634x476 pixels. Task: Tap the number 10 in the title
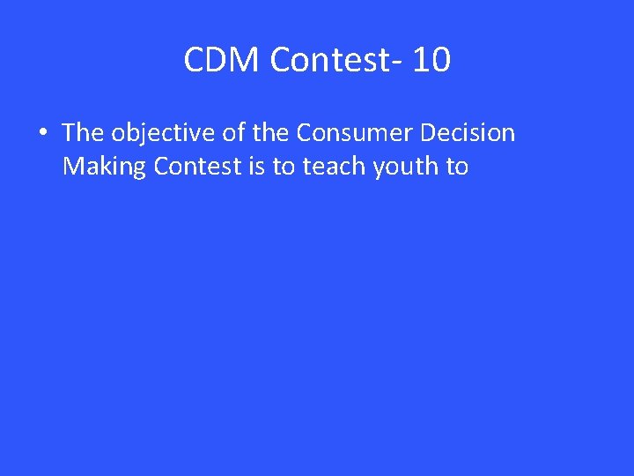(431, 61)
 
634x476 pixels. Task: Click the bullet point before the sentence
(42, 134)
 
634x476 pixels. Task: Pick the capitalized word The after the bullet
(83, 133)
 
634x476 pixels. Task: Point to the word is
(256, 166)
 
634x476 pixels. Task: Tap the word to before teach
(284, 166)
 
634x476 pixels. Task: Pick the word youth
(405, 166)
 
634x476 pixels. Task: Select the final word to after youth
(457, 166)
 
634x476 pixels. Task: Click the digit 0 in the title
(441, 61)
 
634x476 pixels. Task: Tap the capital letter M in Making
(73, 166)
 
